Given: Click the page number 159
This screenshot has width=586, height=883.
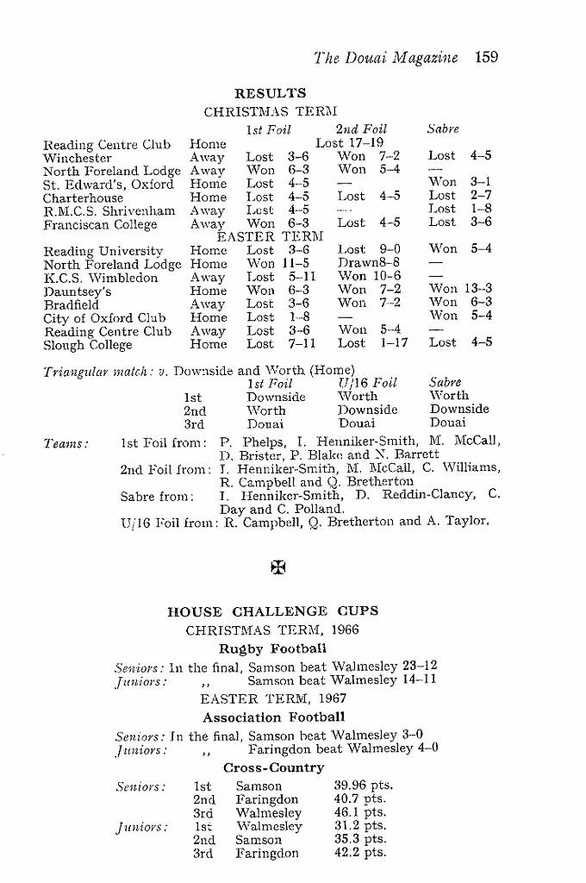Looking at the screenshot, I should tap(486, 58).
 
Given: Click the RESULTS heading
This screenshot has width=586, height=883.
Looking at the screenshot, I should tap(270, 93).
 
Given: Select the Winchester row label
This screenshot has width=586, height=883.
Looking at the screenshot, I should tap(78, 158).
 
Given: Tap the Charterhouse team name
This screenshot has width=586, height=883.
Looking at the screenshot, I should tap(84, 197).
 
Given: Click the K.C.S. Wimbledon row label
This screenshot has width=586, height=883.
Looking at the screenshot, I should tap(101, 278).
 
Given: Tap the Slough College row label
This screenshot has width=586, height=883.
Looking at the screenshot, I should tap(88, 345).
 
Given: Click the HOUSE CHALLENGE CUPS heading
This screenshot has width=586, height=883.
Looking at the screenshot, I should tap(272, 611).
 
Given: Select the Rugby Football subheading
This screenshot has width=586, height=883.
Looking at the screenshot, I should tap(271, 648).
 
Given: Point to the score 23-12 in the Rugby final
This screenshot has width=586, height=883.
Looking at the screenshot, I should tap(420, 666).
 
